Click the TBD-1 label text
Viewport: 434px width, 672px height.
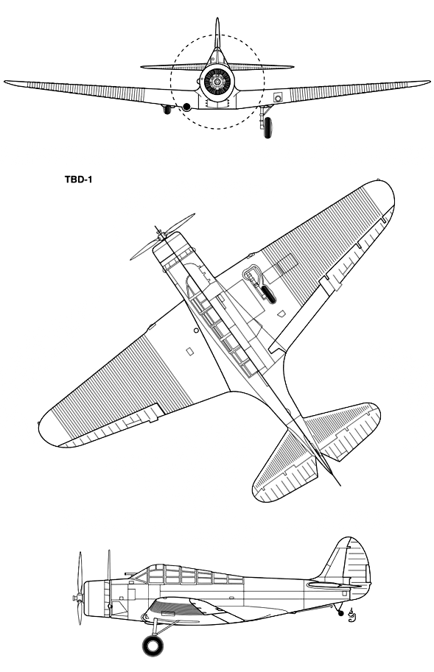click(x=79, y=179)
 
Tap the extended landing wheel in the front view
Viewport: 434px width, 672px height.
click(x=267, y=127)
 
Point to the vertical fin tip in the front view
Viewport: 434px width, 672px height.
click(x=217, y=19)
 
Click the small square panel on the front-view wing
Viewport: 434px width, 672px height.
click(x=278, y=97)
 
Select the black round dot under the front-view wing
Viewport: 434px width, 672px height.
click(x=186, y=107)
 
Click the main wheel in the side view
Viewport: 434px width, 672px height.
click(x=153, y=646)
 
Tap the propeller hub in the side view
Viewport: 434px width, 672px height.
click(x=77, y=597)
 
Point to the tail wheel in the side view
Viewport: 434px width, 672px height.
click(x=341, y=613)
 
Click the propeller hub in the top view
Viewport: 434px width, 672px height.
click(x=161, y=235)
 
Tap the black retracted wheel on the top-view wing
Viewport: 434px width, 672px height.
click(x=268, y=293)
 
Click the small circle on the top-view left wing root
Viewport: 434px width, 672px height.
click(x=196, y=330)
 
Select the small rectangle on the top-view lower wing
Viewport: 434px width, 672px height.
click(x=189, y=352)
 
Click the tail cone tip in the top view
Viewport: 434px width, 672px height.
click(x=340, y=486)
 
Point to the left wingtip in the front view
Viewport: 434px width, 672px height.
click(x=5, y=82)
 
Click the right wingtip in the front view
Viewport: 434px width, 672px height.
click(x=429, y=82)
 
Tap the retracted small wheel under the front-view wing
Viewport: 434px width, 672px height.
click(x=167, y=110)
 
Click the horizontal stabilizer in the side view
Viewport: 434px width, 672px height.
click(x=334, y=584)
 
